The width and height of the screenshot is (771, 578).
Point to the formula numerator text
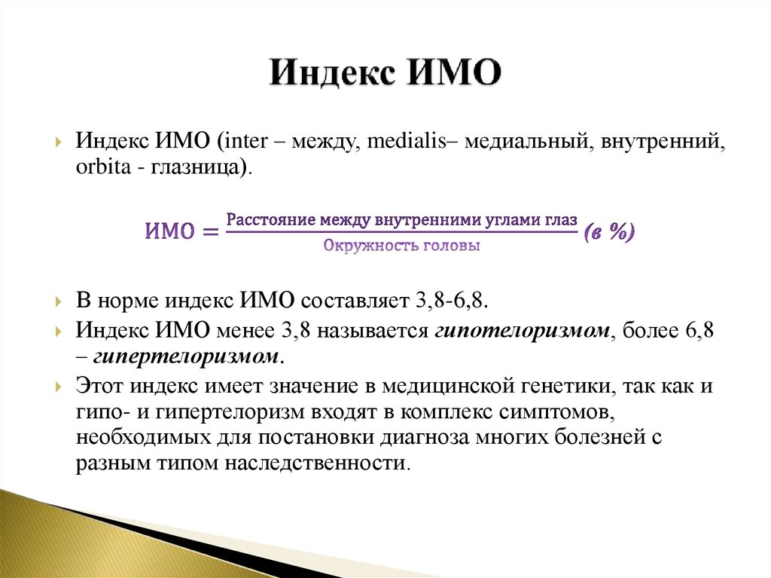point(402,220)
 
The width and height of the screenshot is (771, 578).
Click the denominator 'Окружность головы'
point(402,246)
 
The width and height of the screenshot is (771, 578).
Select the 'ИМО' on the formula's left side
point(169,232)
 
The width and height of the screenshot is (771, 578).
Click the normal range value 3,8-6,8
point(451,301)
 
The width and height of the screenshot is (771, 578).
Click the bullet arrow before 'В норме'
point(59,301)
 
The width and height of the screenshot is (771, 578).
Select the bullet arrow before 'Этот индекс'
point(59,387)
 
